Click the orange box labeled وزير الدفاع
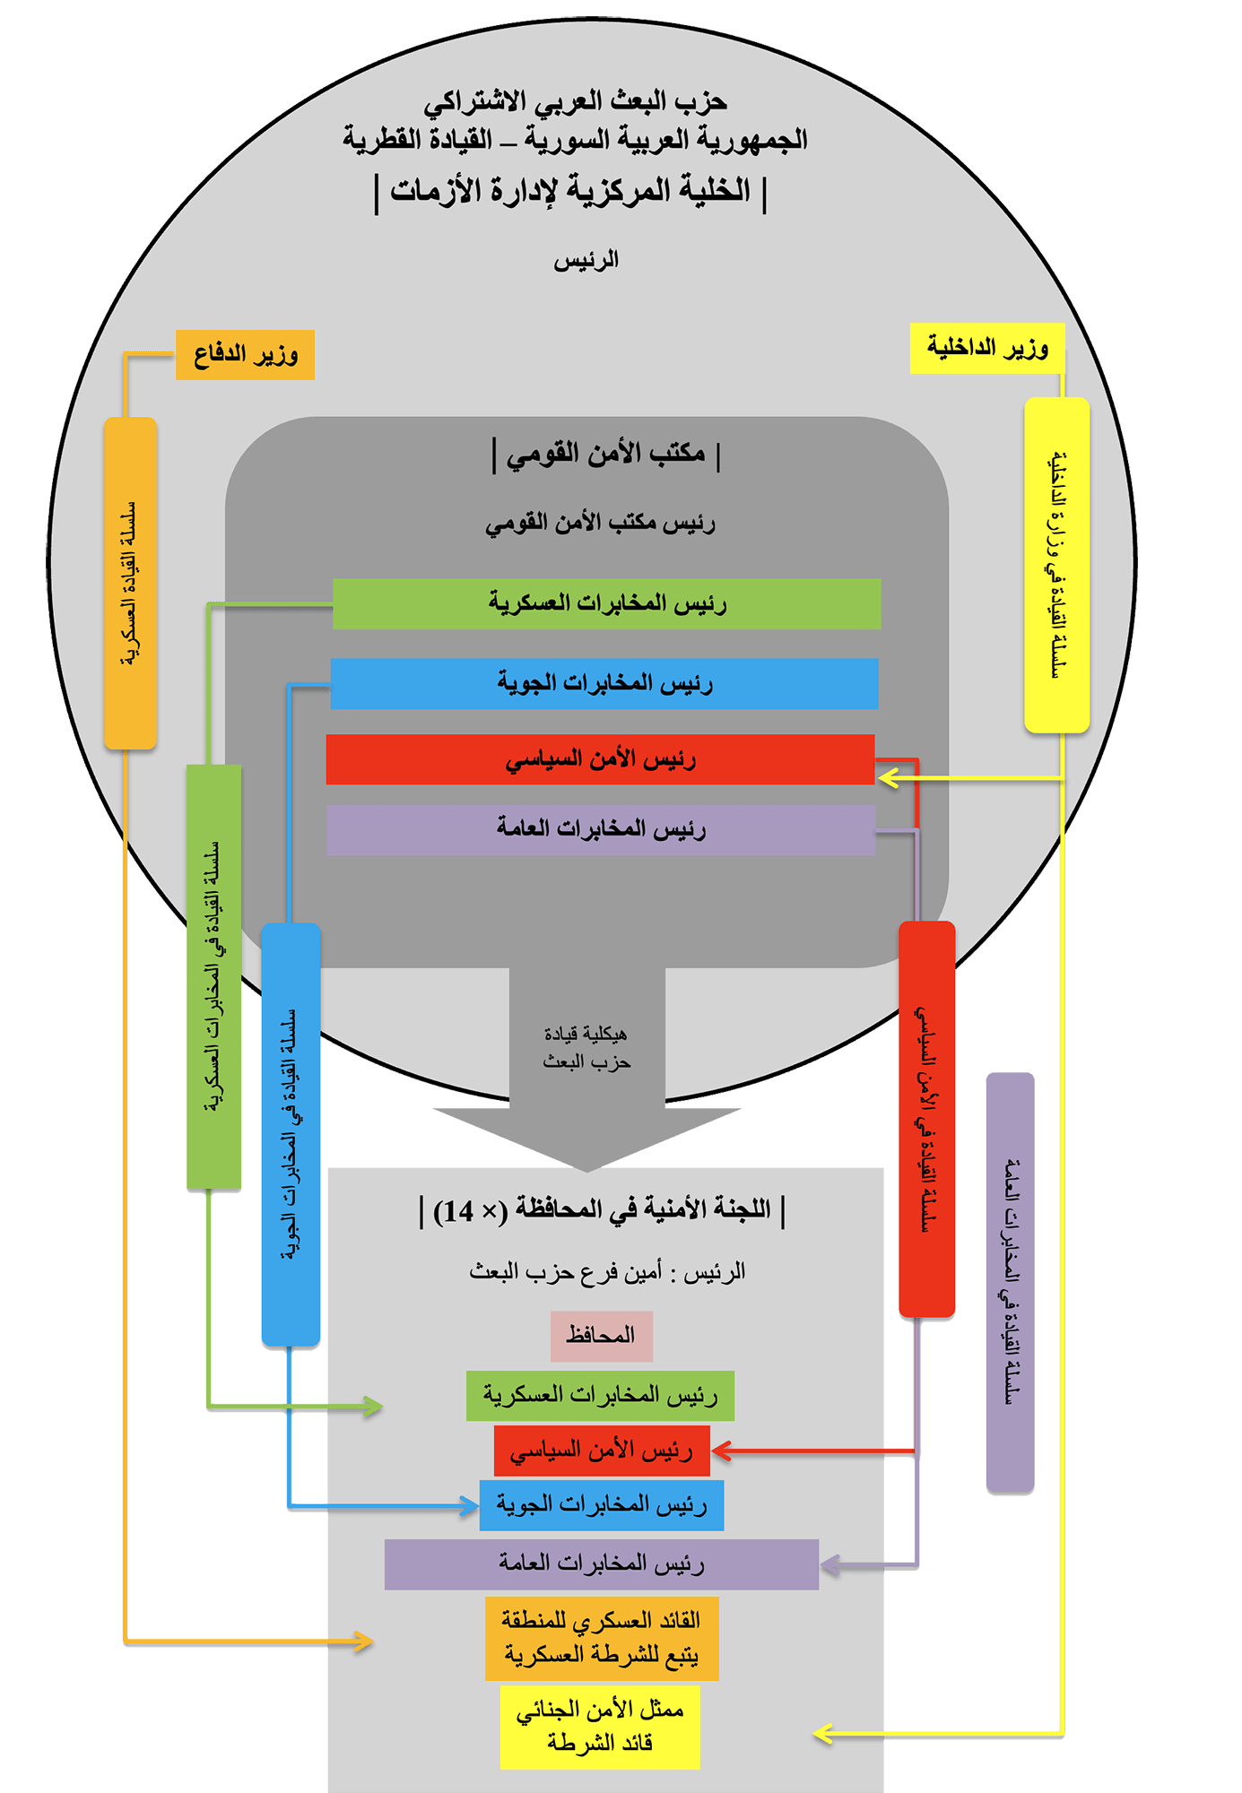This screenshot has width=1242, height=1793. (245, 355)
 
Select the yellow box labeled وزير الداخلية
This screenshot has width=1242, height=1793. (987, 348)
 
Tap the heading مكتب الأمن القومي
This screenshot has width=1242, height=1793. (606, 454)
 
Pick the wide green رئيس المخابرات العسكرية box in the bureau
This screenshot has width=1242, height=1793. (606, 603)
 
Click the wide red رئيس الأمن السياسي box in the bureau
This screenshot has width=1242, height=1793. (600, 760)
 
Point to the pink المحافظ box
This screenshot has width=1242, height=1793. (601, 1336)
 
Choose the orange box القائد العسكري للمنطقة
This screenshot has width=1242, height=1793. (602, 1638)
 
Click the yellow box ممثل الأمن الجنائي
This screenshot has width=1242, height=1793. (600, 1727)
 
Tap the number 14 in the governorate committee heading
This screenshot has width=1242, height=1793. (457, 1211)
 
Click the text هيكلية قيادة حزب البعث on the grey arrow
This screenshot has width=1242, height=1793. (586, 1048)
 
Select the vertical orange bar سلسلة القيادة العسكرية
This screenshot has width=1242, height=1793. (131, 583)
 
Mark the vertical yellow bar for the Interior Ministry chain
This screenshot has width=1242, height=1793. (1057, 565)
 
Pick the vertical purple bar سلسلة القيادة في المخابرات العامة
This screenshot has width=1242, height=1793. (1010, 1282)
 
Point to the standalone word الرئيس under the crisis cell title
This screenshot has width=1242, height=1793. (586, 261)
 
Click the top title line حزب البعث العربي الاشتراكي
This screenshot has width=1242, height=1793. (575, 102)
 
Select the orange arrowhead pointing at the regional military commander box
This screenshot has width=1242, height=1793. (363, 1642)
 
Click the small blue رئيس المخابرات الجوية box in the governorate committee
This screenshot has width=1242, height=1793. (602, 1505)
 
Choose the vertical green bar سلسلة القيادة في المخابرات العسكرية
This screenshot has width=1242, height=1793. (213, 977)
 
